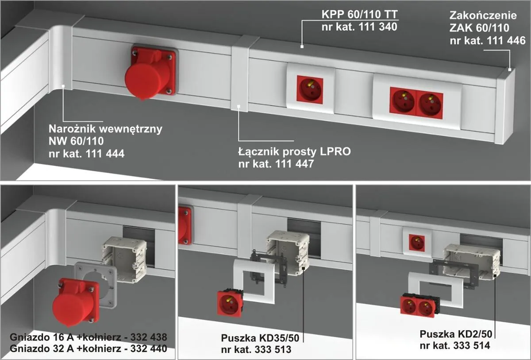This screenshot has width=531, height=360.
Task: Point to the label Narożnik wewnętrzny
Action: click(105, 130)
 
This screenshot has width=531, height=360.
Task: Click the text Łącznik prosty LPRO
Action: click(294, 152)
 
